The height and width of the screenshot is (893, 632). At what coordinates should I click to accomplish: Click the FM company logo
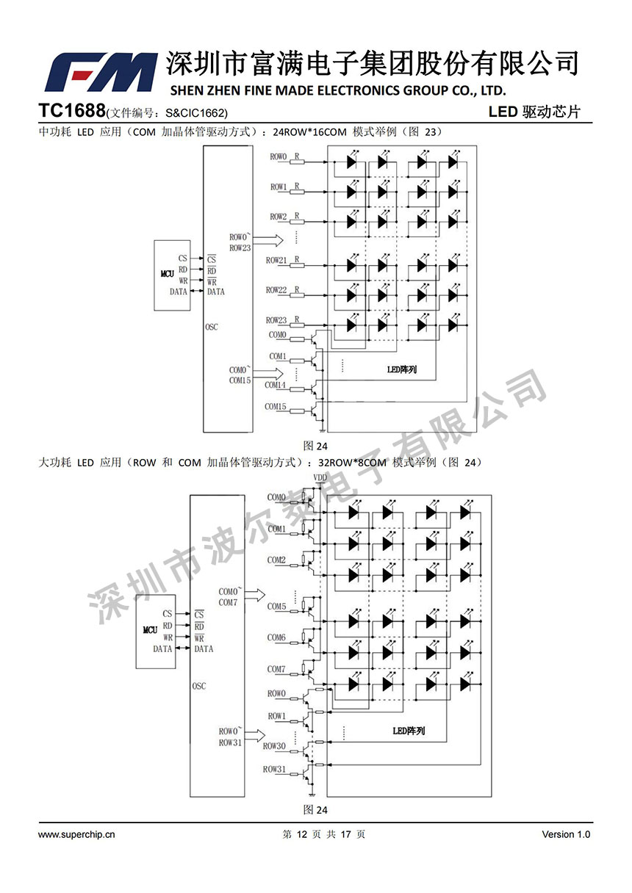101,72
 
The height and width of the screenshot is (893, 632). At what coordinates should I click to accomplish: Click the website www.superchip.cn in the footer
76,834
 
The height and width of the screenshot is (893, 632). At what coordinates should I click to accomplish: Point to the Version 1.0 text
566,834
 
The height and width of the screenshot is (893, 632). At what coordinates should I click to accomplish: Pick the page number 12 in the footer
301,834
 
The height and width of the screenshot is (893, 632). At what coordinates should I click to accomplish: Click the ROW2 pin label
278,217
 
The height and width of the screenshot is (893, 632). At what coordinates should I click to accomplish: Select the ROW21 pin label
276,261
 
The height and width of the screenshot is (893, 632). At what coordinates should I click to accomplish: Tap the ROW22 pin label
276,291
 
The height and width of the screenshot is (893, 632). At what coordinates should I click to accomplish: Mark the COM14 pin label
276,385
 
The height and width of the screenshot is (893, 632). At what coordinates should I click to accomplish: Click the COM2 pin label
276,560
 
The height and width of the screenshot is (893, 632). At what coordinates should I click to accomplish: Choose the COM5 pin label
276,607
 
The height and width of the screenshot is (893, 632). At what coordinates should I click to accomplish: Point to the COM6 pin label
276,638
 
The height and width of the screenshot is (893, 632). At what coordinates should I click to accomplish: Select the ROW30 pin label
274,746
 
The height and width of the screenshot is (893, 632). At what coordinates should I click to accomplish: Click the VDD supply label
320,478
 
